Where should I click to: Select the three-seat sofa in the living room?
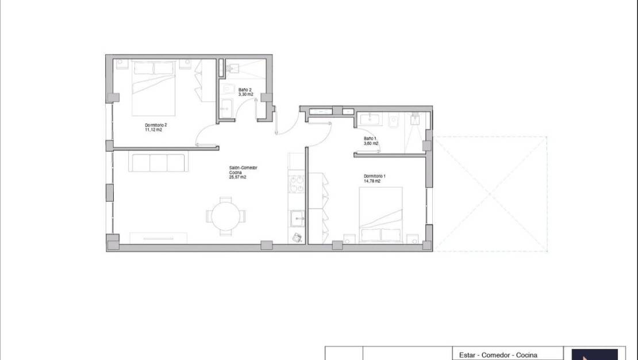pyautogui.click(x=157, y=163)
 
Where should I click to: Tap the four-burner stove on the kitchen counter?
pyautogui.click(x=297, y=186)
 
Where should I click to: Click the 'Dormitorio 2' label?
pyautogui.click(x=156, y=125)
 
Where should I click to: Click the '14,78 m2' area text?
pyautogui.click(x=372, y=181)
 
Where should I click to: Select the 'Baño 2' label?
pyautogui.click(x=245, y=90)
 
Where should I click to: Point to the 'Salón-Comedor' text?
pyautogui.click(x=243, y=168)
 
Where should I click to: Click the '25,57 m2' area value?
pyautogui.click(x=237, y=178)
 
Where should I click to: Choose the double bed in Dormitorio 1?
pyautogui.click(x=381, y=215)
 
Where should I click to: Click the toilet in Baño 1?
pyautogui.click(x=394, y=120)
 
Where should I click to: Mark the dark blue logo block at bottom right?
pyautogui.click(x=594, y=354)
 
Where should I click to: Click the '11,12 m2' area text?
pyautogui.click(x=153, y=130)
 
